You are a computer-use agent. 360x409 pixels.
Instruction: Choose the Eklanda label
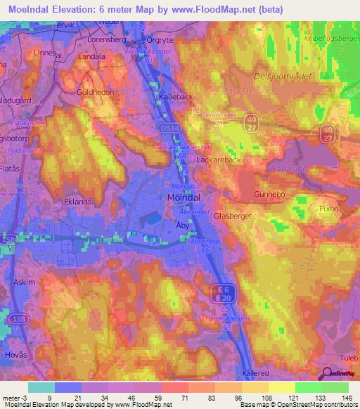tap(78, 201)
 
